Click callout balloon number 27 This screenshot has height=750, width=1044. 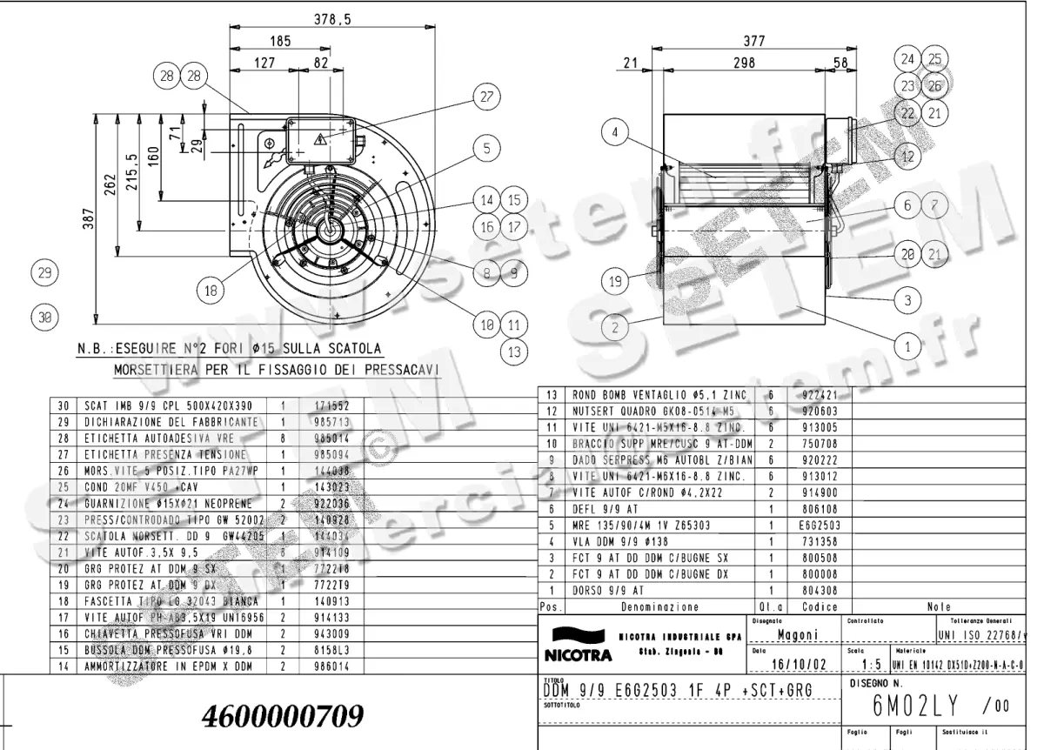[485, 97]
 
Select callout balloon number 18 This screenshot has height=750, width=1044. [211, 292]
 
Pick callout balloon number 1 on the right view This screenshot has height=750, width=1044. [907, 345]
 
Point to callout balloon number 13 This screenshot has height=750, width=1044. [513, 352]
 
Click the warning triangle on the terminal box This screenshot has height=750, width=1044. [320, 137]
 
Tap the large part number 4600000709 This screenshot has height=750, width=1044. [283, 716]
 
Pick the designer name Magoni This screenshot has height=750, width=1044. [797, 634]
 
